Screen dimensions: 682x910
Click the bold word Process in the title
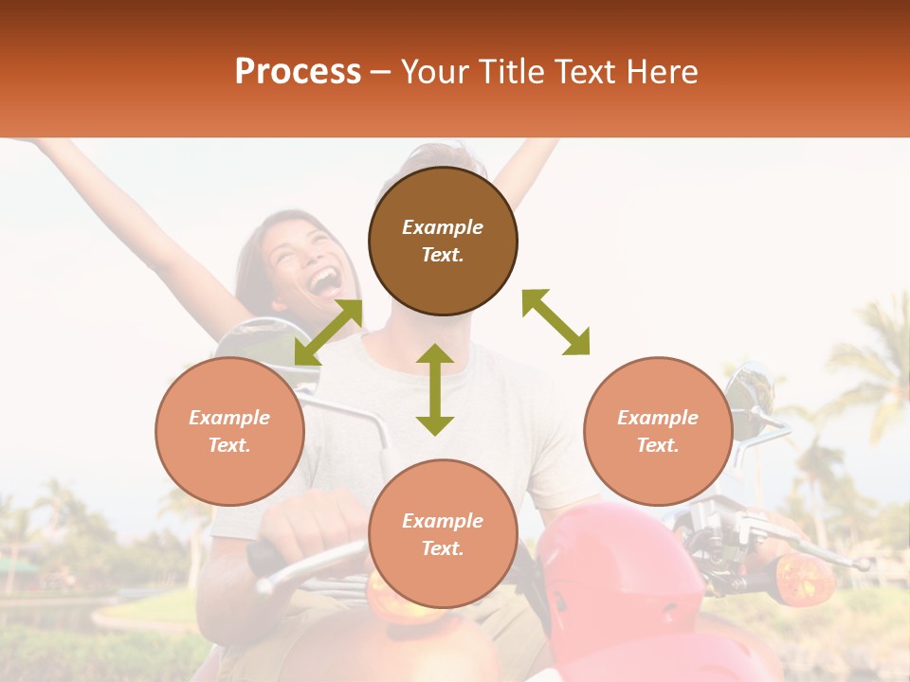[x=298, y=72]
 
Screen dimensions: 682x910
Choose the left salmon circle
[x=229, y=432]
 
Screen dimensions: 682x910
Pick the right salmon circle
[x=658, y=432]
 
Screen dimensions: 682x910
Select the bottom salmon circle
[x=443, y=533]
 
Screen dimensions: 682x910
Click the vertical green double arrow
[x=435, y=389]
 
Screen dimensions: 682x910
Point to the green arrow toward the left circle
[x=328, y=332]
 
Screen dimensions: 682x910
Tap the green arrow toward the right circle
[x=555, y=323]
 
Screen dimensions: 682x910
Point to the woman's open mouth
[x=325, y=281]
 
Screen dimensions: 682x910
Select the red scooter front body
[x=616, y=578]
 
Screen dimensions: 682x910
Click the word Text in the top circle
[x=443, y=255]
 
